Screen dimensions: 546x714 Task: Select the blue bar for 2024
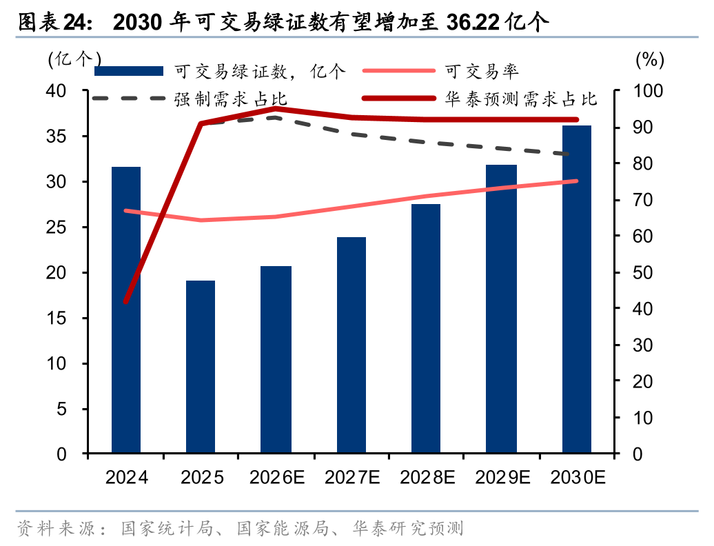tap(126, 310)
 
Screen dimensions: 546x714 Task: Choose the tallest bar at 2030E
tap(576, 290)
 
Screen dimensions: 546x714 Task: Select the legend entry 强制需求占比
tap(230, 99)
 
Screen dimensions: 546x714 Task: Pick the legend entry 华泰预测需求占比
tap(520, 99)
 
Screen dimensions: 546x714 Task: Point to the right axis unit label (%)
tap(649, 59)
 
